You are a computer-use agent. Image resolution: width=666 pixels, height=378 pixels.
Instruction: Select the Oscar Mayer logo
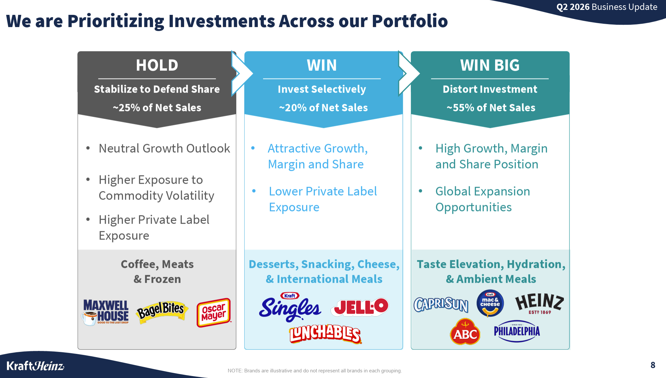click(214, 313)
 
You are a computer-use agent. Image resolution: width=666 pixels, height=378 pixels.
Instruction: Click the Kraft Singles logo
click(290, 307)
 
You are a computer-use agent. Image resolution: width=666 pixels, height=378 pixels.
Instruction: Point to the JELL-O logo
click(360, 307)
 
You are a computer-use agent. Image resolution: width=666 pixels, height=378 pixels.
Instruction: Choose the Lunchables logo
click(325, 334)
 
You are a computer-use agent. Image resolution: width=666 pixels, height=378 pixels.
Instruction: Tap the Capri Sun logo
click(441, 304)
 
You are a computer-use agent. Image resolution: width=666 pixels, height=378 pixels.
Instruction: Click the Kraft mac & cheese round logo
click(490, 303)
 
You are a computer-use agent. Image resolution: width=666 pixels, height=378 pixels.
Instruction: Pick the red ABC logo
click(465, 332)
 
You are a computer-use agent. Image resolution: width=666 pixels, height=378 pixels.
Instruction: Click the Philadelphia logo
click(517, 331)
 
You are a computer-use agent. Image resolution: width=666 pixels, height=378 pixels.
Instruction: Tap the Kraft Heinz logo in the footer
click(35, 366)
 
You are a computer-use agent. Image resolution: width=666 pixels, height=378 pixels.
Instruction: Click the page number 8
click(653, 365)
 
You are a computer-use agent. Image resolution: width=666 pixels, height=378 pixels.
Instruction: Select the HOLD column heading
click(157, 65)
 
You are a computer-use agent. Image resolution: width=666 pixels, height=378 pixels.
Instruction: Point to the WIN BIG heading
click(490, 65)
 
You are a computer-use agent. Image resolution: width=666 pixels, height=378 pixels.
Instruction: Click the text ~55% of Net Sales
click(491, 107)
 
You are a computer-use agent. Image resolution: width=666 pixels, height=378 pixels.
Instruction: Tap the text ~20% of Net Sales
click(323, 107)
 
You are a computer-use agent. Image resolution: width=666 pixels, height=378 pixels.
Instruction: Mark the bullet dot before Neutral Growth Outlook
click(88, 148)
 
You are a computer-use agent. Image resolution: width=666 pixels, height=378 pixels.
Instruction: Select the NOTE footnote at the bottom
click(315, 371)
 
